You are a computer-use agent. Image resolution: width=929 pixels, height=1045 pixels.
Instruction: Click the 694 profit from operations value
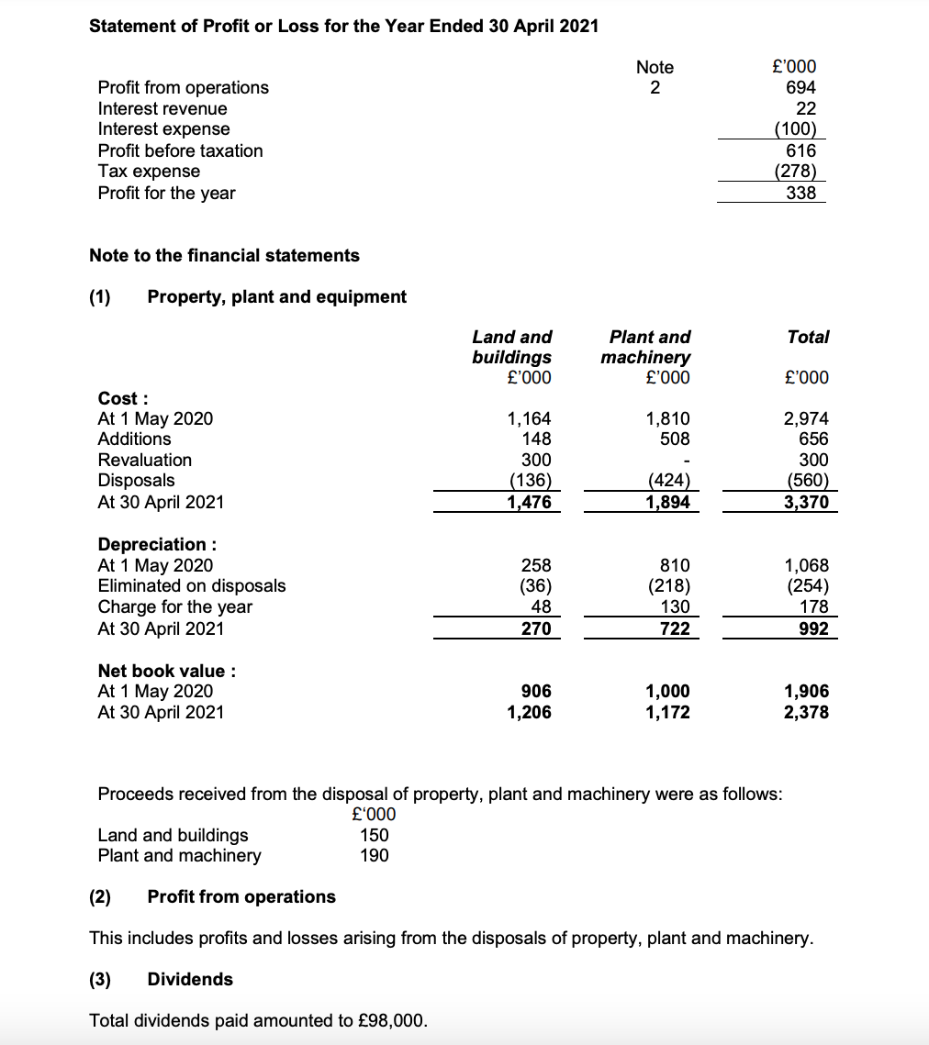click(800, 88)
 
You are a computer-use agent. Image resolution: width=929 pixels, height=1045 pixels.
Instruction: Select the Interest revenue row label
click(162, 108)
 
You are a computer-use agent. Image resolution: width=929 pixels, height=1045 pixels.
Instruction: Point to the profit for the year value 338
click(800, 193)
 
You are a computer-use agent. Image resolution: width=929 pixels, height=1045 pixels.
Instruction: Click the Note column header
click(655, 67)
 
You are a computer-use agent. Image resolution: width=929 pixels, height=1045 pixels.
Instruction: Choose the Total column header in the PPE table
click(808, 337)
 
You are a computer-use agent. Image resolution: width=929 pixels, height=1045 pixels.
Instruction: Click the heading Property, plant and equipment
click(276, 296)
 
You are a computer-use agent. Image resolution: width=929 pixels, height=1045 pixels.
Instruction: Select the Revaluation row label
click(145, 460)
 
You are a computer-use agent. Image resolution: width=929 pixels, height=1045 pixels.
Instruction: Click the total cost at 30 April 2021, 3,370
click(806, 502)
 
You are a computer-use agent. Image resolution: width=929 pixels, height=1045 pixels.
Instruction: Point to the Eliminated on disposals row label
click(192, 585)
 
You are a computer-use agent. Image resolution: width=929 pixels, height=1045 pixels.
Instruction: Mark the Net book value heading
click(167, 671)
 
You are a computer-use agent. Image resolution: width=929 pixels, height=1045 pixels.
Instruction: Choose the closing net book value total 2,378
click(806, 711)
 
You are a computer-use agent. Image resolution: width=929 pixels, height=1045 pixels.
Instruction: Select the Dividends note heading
click(190, 979)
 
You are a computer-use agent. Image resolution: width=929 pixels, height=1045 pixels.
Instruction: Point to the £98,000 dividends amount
click(396, 1020)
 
